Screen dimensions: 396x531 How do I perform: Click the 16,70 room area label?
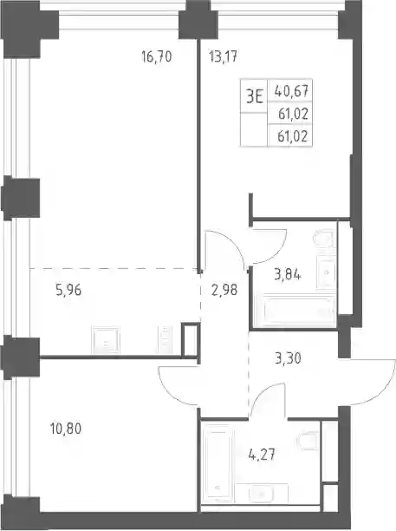[x=157, y=56]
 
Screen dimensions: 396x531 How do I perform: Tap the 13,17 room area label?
[x=224, y=56]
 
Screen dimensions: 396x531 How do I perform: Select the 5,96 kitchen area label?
[x=68, y=290]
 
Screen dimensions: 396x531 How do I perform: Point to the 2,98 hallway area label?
[x=224, y=290]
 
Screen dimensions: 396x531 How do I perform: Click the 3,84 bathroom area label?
[x=288, y=275]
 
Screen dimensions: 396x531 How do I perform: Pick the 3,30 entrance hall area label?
[x=288, y=358]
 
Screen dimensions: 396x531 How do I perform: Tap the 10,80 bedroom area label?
[x=66, y=429]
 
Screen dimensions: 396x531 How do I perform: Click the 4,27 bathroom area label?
[x=262, y=454]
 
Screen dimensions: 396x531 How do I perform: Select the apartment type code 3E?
[x=254, y=97]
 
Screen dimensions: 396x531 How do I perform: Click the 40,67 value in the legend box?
[x=291, y=91]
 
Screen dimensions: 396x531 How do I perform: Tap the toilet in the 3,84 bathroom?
[x=323, y=239]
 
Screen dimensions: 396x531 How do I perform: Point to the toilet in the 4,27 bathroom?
[x=308, y=441]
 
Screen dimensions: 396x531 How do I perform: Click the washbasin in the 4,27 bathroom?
[x=262, y=493]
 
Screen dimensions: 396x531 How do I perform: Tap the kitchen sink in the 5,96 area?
[x=106, y=340]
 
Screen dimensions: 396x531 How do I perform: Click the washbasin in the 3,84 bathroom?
[x=327, y=272]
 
